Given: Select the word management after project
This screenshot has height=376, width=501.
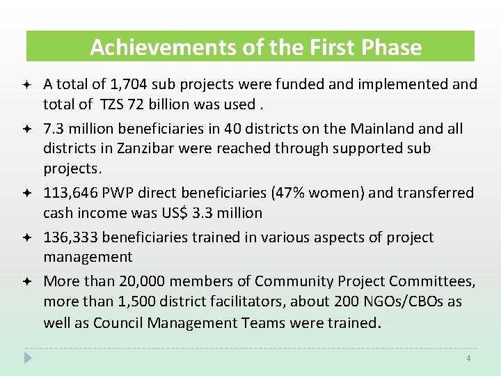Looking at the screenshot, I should click(x=88, y=258).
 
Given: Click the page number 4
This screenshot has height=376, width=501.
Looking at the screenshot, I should click(x=468, y=358).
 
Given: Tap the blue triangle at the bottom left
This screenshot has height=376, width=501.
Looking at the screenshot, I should click(x=28, y=358).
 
